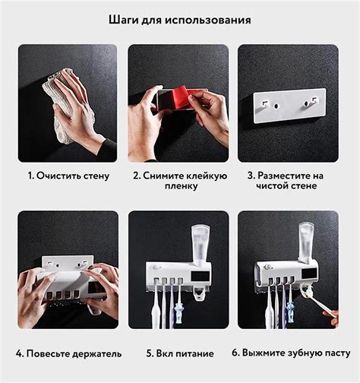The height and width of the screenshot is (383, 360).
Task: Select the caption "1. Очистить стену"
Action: [x=68, y=176]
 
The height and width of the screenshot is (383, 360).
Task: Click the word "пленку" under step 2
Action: [x=179, y=186]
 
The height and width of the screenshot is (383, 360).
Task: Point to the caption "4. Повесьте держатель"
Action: [x=68, y=353]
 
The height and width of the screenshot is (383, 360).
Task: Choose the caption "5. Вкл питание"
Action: [x=179, y=353]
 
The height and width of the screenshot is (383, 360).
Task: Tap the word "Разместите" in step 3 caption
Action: [x=293, y=176]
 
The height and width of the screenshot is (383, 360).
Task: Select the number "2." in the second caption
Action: [x=137, y=176]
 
